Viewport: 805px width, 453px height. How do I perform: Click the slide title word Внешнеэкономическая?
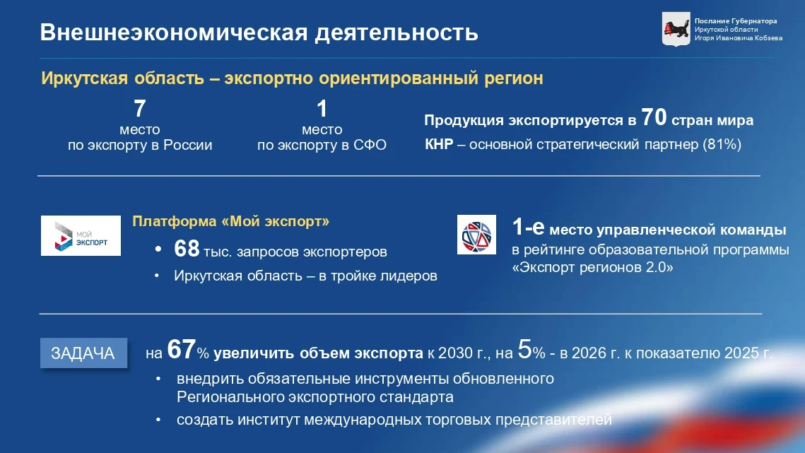(x=174, y=33)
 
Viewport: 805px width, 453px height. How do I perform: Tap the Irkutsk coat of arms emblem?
(x=676, y=29)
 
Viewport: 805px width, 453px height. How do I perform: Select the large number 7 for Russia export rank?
(x=140, y=108)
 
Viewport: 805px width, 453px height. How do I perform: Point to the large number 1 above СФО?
(x=322, y=108)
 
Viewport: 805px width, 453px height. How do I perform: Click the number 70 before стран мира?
(x=654, y=117)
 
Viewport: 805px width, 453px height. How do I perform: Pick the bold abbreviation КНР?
(x=439, y=144)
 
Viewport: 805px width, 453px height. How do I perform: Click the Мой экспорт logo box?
(x=81, y=236)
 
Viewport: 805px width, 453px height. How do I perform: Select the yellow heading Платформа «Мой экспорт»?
(x=231, y=221)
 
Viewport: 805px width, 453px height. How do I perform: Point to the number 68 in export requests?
(x=187, y=249)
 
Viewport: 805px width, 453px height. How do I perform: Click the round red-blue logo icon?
(x=476, y=235)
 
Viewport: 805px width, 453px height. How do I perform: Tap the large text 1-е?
(x=528, y=227)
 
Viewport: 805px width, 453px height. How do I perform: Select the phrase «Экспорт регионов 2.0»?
(x=592, y=268)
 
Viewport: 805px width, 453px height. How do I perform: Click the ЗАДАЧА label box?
(x=83, y=353)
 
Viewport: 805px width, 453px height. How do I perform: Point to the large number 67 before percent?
(x=181, y=350)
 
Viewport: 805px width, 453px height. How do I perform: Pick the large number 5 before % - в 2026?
(x=524, y=350)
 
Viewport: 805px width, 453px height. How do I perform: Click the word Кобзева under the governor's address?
(x=768, y=38)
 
